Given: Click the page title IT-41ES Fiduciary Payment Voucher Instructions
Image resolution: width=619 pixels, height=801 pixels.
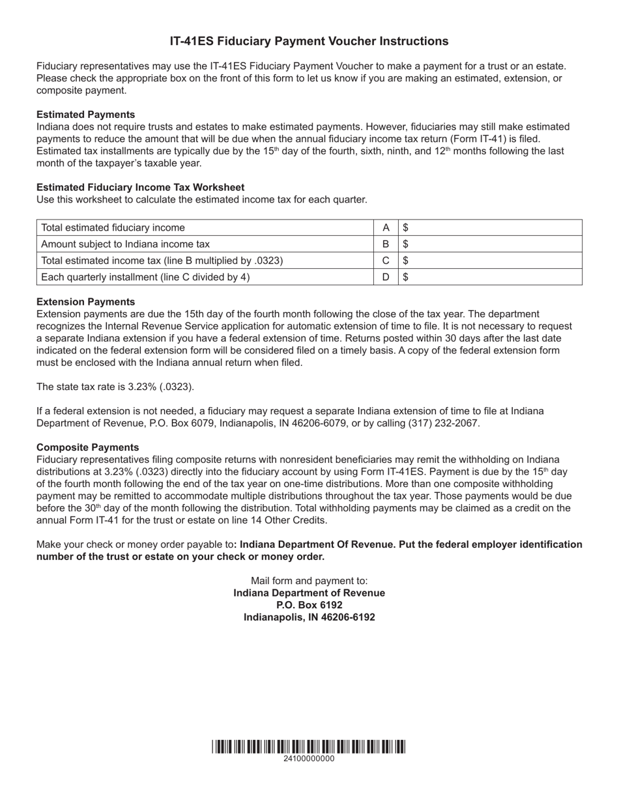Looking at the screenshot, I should coord(309,42).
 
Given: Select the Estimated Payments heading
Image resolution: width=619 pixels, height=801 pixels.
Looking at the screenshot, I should coord(86,115).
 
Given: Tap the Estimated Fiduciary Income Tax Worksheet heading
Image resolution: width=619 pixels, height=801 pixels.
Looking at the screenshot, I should coord(141,188).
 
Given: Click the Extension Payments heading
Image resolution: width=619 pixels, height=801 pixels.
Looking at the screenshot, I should coord(86,302).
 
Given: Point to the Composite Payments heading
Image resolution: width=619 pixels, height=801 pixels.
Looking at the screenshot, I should coord(88,447).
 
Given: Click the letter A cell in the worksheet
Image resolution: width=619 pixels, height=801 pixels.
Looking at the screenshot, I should coord(386,228).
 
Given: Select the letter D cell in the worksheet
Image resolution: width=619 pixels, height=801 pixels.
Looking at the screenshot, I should coord(386,277).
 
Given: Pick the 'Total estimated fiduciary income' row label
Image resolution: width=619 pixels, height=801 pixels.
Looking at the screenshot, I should coord(113,228).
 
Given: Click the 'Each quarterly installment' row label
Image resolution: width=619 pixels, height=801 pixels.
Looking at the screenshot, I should coord(145,277).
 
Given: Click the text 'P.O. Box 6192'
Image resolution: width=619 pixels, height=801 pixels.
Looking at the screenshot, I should coord(309,605).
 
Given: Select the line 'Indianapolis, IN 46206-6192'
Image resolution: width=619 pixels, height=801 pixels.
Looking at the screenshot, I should coord(309,617).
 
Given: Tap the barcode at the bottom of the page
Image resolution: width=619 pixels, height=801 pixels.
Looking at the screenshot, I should coord(309,746).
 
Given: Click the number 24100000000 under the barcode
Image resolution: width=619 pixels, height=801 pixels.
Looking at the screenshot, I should coord(309,759).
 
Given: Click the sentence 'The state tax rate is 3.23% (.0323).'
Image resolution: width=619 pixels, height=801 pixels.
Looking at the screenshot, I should coord(115,387).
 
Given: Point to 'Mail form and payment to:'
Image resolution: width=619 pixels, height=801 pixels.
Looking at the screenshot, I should coord(309,581).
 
